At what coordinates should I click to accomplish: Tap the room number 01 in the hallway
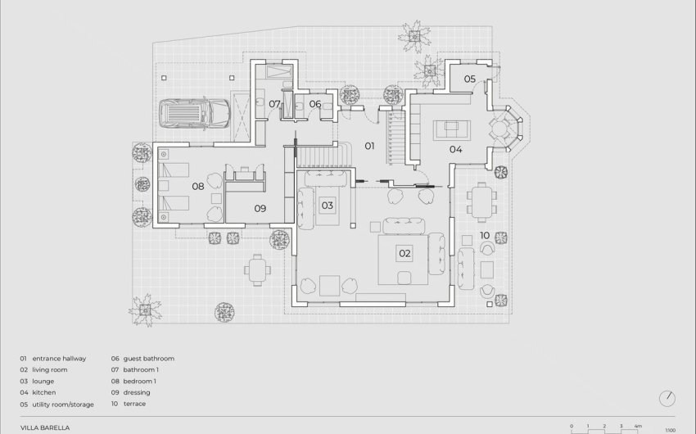coord(369,146)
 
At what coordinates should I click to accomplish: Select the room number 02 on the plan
coord(404,253)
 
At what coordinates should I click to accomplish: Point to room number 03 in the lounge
coord(327,205)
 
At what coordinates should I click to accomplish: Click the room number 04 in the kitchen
coord(455,149)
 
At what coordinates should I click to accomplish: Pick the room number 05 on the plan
coord(469,79)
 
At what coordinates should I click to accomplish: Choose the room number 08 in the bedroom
coord(197,187)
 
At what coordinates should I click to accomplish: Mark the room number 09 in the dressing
coord(260,209)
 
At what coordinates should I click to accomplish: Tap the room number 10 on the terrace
coord(485,236)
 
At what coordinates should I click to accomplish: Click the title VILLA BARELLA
coord(46,427)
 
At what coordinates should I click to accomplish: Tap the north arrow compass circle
coord(668,398)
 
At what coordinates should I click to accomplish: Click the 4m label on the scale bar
coord(638,427)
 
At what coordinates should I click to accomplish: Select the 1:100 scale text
coord(671,430)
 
